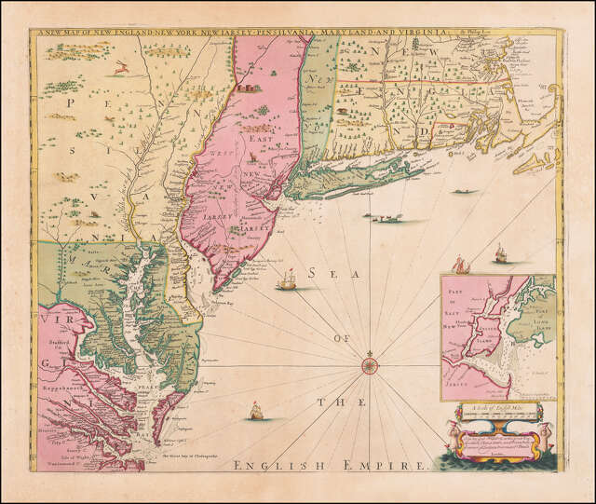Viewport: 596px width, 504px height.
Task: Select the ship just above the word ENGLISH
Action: pyautogui.click(x=251, y=410)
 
